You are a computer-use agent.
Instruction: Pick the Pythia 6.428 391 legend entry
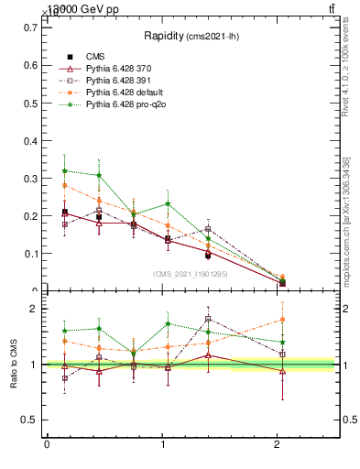[x=119, y=81]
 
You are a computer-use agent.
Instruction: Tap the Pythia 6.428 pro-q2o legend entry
[x=124, y=104]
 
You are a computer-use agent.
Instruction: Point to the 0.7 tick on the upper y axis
[x=32, y=27]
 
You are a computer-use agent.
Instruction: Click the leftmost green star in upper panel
[x=64, y=170]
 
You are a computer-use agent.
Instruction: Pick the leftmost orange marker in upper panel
[x=64, y=185]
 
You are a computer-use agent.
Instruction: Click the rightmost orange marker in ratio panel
[x=282, y=320]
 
